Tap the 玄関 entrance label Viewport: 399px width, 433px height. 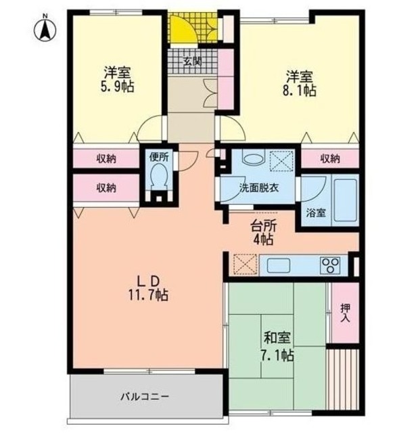point(192,62)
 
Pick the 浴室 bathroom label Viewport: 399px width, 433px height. point(315,212)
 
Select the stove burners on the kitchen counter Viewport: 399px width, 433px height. point(330,265)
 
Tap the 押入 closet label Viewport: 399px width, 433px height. point(345,313)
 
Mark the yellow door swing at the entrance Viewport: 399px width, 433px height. point(181,28)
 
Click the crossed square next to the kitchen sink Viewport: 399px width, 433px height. point(243,264)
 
